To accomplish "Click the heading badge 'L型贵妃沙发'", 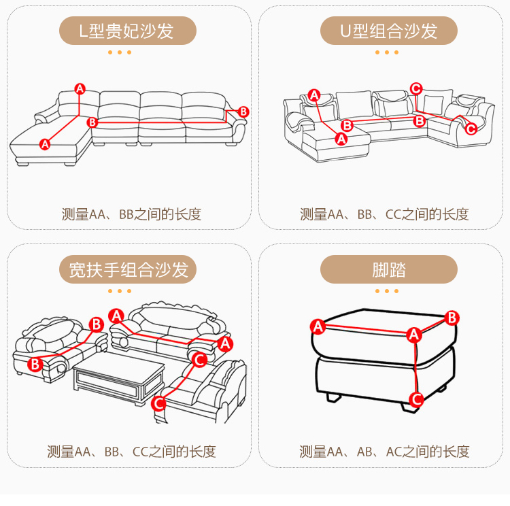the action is pos(128,31).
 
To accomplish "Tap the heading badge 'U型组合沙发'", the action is pos(389,31).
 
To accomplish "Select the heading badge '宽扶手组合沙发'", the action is pos(128,269).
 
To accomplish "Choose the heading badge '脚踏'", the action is pos(389,269).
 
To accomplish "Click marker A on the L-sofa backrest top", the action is pos(80,89).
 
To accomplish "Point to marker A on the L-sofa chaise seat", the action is pos(45,144).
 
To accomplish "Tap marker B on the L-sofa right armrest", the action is pos(243,112).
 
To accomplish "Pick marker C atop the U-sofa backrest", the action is pos(416,88).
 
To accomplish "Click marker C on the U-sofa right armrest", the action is pos(471,129).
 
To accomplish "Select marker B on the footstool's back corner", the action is pos(452,318).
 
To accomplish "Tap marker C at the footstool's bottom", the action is pos(417,399).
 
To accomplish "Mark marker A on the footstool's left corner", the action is pos(318,326).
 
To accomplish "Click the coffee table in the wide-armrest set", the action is pos(119,377).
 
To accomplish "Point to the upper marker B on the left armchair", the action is pos(97,324).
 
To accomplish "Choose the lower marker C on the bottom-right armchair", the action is pos(158,403).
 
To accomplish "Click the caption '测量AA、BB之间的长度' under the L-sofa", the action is pos(132,214).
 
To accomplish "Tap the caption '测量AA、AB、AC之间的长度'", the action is pos(384,452).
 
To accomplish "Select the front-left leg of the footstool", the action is pos(333,397).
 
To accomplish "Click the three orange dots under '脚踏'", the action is pos(387,291).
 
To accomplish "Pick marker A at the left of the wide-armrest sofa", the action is pos(116,316).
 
